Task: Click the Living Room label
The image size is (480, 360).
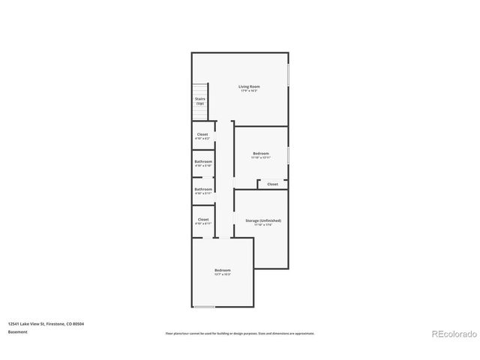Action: tap(249, 86)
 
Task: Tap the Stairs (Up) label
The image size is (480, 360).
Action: tap(201, 100)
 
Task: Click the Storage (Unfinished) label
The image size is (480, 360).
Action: tap(263, 220)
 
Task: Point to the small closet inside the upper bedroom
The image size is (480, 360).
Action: tap(272, 184)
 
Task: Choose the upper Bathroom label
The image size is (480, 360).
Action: tap(203, 161)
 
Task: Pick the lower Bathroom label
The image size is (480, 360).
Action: tap(203, 189)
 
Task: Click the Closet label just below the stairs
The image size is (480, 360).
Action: tap(202, 134)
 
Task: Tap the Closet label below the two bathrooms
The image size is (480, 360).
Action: tap(203, 219)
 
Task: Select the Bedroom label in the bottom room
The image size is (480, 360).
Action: tap(223, 270)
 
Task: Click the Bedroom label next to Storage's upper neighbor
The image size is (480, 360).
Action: tap(261, 154)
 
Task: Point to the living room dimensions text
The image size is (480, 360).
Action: tap(249, 91)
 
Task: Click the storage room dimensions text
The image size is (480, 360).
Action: tap(263, 225)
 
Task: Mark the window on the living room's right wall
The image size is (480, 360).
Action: tap(288, 81)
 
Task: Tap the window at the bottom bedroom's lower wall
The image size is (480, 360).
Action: tap(205, 307)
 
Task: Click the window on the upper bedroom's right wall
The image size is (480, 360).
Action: tap(288, 154)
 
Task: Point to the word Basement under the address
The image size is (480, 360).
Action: tap(18, 331)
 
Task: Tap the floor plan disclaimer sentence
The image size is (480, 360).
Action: tap(240, 333)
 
